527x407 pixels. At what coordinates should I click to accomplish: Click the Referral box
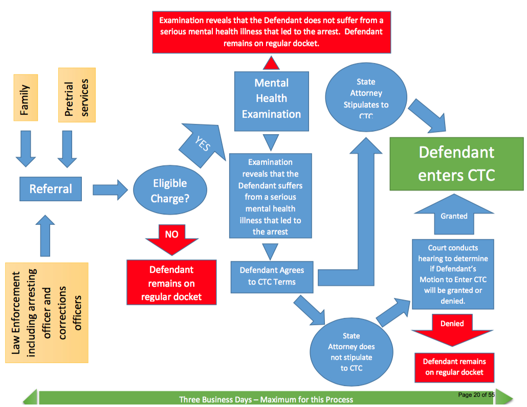coord(51,189)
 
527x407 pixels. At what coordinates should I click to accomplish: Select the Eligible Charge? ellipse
coord(170,190)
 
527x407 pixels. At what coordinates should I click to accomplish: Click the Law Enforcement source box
coord(47,312)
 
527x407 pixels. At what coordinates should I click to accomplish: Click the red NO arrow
coord(172,238)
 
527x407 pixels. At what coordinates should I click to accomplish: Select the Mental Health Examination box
coord(271,98)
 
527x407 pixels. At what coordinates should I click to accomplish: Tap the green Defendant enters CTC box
coord(456,164)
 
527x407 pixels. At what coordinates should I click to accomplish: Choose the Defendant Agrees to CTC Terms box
coord(272,275)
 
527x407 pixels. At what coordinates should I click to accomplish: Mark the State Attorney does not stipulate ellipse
coord(351,351)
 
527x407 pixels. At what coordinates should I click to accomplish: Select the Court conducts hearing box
coord(453,274)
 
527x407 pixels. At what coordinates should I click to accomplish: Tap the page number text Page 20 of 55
coord(476,395)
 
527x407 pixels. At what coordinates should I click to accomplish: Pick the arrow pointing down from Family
coord(26,148)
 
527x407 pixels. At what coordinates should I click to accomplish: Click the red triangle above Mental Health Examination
coord(271,62)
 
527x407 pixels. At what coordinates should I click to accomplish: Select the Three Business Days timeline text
coord(266,399)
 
